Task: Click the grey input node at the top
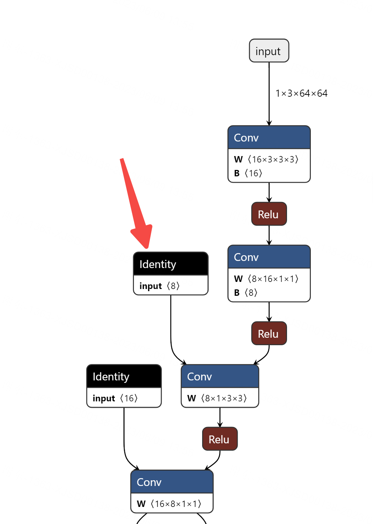pos(269,51)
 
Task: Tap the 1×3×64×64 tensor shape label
pos(301,93)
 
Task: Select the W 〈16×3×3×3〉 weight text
pos(266,159)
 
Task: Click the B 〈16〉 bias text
pos(248,173)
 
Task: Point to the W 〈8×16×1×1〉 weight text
pos(266,279)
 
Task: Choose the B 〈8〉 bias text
pos(245,293)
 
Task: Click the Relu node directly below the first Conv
pos(269,214)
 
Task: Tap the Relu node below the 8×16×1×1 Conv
pos(269,333)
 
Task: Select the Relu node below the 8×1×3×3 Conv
pos(220,439)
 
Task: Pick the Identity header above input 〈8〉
pos(171,264)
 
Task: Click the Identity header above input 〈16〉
pos(124,376)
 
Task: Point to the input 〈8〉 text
pos(160,286)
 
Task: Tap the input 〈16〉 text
pos(115,398)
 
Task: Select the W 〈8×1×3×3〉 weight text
pos(217,398)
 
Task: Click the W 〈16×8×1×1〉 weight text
pos(169,504)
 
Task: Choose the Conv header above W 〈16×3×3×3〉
pos(269,138)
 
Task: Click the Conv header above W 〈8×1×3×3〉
pos(220,376)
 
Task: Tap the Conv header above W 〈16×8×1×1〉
pos(172,482)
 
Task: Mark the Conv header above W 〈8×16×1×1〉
pos(269,257)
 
